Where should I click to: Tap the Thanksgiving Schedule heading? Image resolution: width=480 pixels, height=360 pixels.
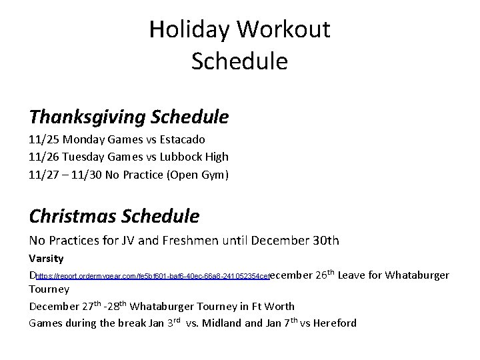pos(129,118)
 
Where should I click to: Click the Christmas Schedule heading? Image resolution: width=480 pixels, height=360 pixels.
pos(114,217)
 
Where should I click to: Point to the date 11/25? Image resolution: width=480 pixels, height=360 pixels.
pos(43,140)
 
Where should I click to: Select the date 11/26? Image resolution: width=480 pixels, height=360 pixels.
pos(43,157)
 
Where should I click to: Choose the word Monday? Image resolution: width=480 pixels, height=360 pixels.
pos(83,140)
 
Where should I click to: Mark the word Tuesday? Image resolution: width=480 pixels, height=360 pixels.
pos(84,157)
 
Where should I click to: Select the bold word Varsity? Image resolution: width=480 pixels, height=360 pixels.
pos(46,258)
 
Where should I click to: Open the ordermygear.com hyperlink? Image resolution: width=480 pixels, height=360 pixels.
pos(152,276)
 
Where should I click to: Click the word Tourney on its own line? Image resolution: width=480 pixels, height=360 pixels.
pos(49,289)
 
